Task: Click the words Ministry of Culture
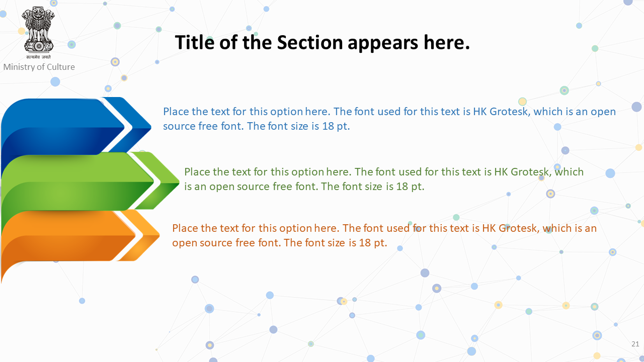[39, 67]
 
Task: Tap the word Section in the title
[310, 42]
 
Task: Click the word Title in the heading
[195, 42]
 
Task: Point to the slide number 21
[635, 344]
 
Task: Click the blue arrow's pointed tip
[151, 126]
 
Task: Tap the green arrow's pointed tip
[179, 182]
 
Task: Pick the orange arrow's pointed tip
[159, 236]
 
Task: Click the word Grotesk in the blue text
[510, 112]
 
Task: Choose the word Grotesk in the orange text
[519, 228]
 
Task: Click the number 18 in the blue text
[328, 126]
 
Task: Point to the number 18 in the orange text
[365, 243]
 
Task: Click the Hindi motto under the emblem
[39, 57]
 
